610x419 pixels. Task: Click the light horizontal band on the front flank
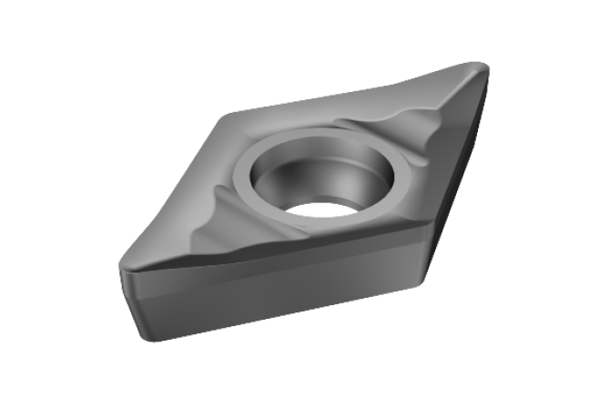pyautogui.click(x=273, y=300)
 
